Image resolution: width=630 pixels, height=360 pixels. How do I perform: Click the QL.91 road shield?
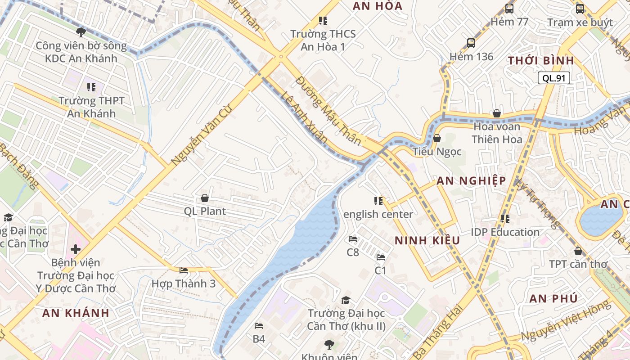coord(553,78)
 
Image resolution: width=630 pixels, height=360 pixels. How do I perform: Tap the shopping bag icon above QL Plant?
coord(205,198)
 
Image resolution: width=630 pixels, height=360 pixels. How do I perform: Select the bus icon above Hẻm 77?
coord(509,8)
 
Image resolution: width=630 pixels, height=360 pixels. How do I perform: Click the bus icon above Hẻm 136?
coord(471,43)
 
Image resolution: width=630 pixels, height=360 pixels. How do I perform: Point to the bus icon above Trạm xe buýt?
coord(580,9)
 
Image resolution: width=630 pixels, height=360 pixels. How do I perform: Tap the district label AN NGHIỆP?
coord(471,181)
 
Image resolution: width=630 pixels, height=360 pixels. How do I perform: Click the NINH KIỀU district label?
coord(427,241)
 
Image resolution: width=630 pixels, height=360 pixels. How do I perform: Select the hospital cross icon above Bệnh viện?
coord(76,249)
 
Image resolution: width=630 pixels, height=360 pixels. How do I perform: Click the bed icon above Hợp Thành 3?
coord(184,270)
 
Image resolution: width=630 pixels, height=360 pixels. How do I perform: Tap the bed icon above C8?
coord(353,239)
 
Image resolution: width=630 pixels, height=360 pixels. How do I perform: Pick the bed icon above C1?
coord(381,257)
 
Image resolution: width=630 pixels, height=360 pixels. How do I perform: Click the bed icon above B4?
coord(259,326)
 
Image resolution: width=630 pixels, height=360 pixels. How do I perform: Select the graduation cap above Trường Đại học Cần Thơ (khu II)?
coord(346,300)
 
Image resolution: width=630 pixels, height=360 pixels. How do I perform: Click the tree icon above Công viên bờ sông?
coord(81,32)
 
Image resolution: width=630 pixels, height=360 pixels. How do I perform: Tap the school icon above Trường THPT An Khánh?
coord(91,87)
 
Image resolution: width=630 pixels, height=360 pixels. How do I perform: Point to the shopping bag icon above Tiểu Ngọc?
coord(436,138)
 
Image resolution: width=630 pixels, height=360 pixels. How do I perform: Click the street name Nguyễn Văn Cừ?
coord(200,134)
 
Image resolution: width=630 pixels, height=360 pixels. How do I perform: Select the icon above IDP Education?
coord(505,219)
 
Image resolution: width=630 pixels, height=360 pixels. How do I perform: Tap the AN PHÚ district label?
coord(553,299)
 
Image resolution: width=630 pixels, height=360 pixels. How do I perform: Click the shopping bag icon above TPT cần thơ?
coord(578,251)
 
